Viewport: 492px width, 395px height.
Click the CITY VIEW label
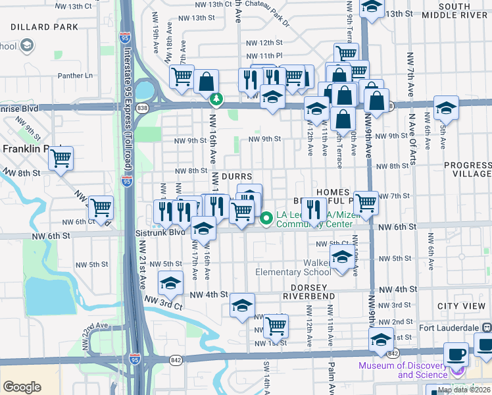point(461,307)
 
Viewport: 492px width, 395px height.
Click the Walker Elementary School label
point(293,267)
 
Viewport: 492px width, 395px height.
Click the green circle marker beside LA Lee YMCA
point(266,219)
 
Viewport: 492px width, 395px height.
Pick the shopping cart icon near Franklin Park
point(61,158)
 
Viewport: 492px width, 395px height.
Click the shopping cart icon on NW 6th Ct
point(101,207)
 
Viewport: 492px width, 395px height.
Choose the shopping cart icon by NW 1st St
point(276,325)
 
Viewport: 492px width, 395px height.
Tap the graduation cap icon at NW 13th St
point(372,9)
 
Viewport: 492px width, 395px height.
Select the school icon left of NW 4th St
point(171,283)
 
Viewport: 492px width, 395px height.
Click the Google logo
point(22,387)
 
